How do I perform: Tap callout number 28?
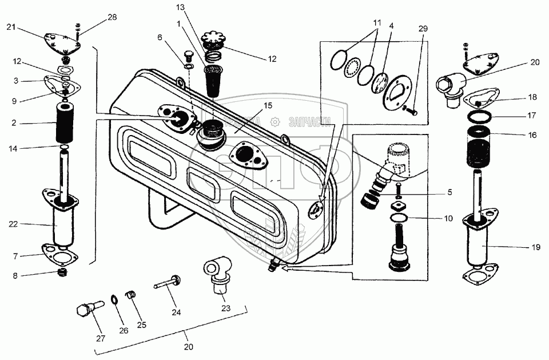click(x=112, y=18)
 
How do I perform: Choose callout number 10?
click(x=448, y=219)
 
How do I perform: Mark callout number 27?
click(x=101, y=338)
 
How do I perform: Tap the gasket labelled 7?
click(x=60, y=252)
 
